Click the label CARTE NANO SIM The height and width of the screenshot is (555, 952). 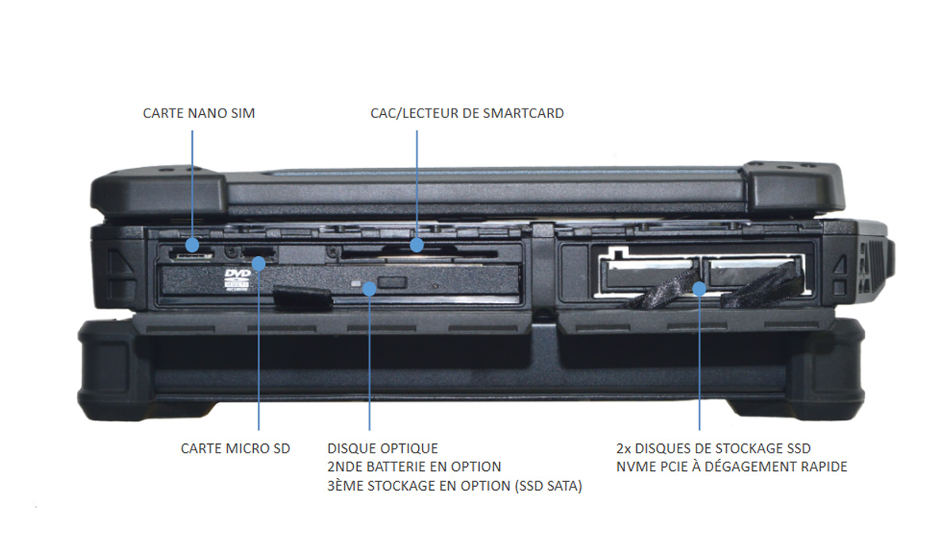pos(198,113)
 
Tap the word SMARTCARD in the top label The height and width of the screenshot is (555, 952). pos(524,113)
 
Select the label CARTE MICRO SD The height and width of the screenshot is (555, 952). pos(236,449)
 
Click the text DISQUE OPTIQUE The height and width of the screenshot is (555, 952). pos(382,449)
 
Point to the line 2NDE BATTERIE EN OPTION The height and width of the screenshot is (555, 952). pos(414,467)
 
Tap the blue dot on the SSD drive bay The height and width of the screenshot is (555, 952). pos(699,288)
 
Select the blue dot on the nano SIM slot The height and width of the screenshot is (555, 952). pos(193,244)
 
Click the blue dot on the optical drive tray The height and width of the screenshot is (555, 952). pos(369,289)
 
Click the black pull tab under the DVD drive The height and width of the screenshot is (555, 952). pos(301,298)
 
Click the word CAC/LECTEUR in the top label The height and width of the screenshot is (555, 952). pos(409,113)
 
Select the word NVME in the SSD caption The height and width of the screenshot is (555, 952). pos(635,467)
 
